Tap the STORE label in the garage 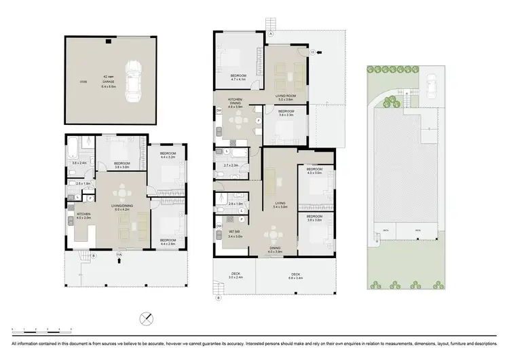(x=82, y=82)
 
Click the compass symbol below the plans (x=147, y=319)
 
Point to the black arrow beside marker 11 (x=320, y=52)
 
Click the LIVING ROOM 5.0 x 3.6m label (x=284, y=98)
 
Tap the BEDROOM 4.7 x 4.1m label (x=238, y=77)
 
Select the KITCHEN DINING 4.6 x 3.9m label (x=235, y=105)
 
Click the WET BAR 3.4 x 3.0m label (x=234, y=235)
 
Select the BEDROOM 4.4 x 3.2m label (x=168, y=156)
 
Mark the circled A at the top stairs (x=270, y=33)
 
